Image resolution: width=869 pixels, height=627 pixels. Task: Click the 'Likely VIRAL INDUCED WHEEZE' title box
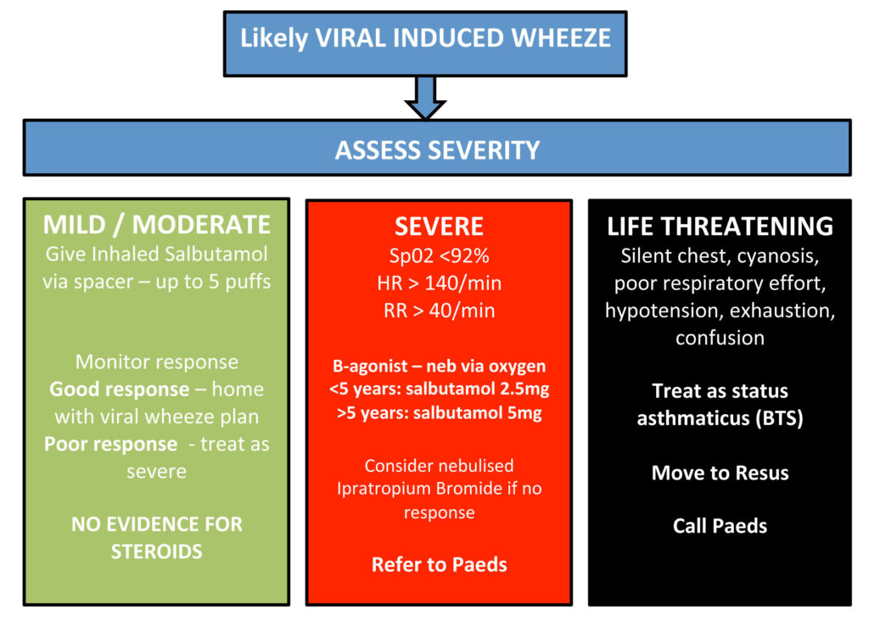(x=425, y=39)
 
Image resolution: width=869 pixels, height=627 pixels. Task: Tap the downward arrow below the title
(x=425, y=96)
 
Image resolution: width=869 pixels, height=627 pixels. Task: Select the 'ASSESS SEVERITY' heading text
(x=437, y=150)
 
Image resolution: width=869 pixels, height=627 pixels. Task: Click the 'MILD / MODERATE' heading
(x=157, y=225)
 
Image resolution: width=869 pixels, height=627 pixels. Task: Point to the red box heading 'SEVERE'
(x=439, y=227)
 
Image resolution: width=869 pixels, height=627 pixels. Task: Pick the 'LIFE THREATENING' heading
(x=720, y=227)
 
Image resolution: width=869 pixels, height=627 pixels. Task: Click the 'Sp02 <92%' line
(x=439, y=255)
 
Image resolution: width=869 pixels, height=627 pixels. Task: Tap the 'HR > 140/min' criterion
(x=439, y=283)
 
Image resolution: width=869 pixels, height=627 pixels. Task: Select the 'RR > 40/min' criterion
(x=439, y=311)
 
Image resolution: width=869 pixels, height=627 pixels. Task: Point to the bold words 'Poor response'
(x=110, y=445)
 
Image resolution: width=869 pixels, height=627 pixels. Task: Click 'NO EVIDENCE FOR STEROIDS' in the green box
(x=157, y=537)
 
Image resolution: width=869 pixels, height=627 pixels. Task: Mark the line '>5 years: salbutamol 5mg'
(x=439, y=415)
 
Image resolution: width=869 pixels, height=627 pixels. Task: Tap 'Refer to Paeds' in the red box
(x=439, y=564)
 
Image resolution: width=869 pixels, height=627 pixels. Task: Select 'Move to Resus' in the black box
(x=720, y=473)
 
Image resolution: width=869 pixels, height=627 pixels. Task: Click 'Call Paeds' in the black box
(x=720, y=526)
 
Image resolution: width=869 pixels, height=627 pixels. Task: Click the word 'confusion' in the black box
(x=720, y=338)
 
